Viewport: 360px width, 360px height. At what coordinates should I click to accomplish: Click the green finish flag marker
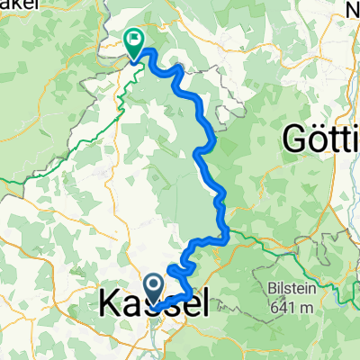point(135,40)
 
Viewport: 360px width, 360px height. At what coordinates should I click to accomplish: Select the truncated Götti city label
point(320,139)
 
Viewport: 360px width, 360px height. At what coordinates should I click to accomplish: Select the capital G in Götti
point(294,139)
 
